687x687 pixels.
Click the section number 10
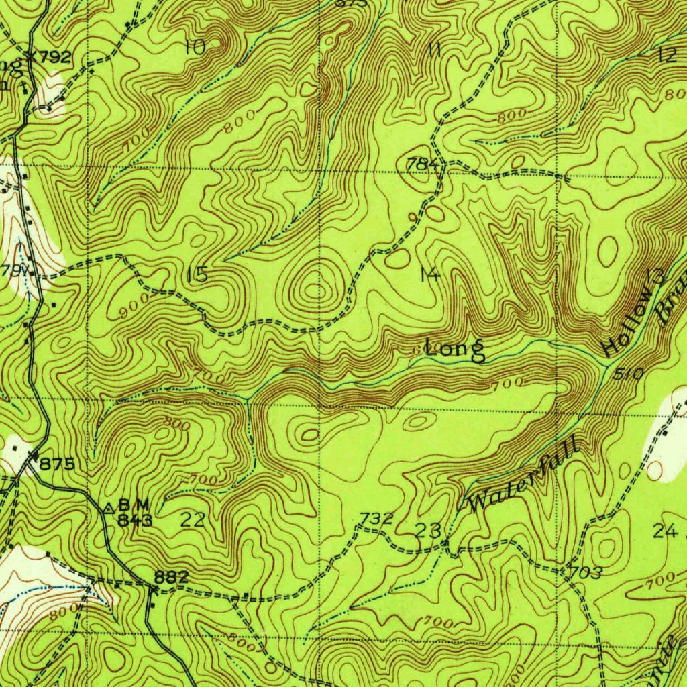pos(195,47)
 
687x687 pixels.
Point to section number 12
pos(668,55)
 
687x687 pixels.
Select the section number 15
pos(197,274)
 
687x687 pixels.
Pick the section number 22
pos(193,519)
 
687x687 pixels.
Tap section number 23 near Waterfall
pos(428,531)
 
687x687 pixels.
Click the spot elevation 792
pos(54,57)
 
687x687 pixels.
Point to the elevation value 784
pos(423,164)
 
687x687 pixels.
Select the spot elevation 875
pos(57,464)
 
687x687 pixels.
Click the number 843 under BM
pos(135,519)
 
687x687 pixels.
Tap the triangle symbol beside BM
pos(109,505)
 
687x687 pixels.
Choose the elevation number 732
pos(376,518)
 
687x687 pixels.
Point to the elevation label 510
pos(631,374)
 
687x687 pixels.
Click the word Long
pos(456,349)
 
